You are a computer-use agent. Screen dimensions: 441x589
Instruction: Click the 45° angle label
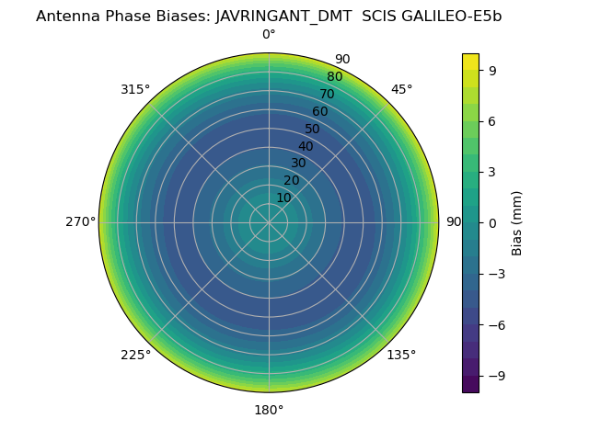[401, 90]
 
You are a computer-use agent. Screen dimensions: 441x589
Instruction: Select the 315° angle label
[135, 90]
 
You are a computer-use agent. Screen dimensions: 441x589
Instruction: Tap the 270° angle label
[80, 222]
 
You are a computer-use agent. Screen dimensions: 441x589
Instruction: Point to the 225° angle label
[135, 356]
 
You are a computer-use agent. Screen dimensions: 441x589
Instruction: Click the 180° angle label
[269, 410]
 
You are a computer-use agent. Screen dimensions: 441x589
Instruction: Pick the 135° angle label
[401, 356]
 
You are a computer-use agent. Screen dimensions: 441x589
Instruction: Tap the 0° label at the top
[269, 35]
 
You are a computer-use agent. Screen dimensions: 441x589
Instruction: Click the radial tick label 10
[283, 198]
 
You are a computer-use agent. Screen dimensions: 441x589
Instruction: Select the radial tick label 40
[306, 146]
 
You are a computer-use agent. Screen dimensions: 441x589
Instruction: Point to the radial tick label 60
[319, 112]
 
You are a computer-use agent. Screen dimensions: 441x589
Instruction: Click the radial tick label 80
[334, 77]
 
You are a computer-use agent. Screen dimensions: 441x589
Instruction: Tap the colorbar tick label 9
[492, 70]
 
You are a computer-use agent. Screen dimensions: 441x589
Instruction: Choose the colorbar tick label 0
[492, 223]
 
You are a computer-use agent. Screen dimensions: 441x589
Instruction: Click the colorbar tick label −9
[496, 376]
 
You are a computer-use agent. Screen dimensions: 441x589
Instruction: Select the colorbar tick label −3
[496, 274]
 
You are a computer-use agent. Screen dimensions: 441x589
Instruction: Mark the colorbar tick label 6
[492, 121]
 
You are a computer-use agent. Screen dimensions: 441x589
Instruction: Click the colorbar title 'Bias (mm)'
[517, 223]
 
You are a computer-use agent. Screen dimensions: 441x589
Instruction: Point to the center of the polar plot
[269, 223]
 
